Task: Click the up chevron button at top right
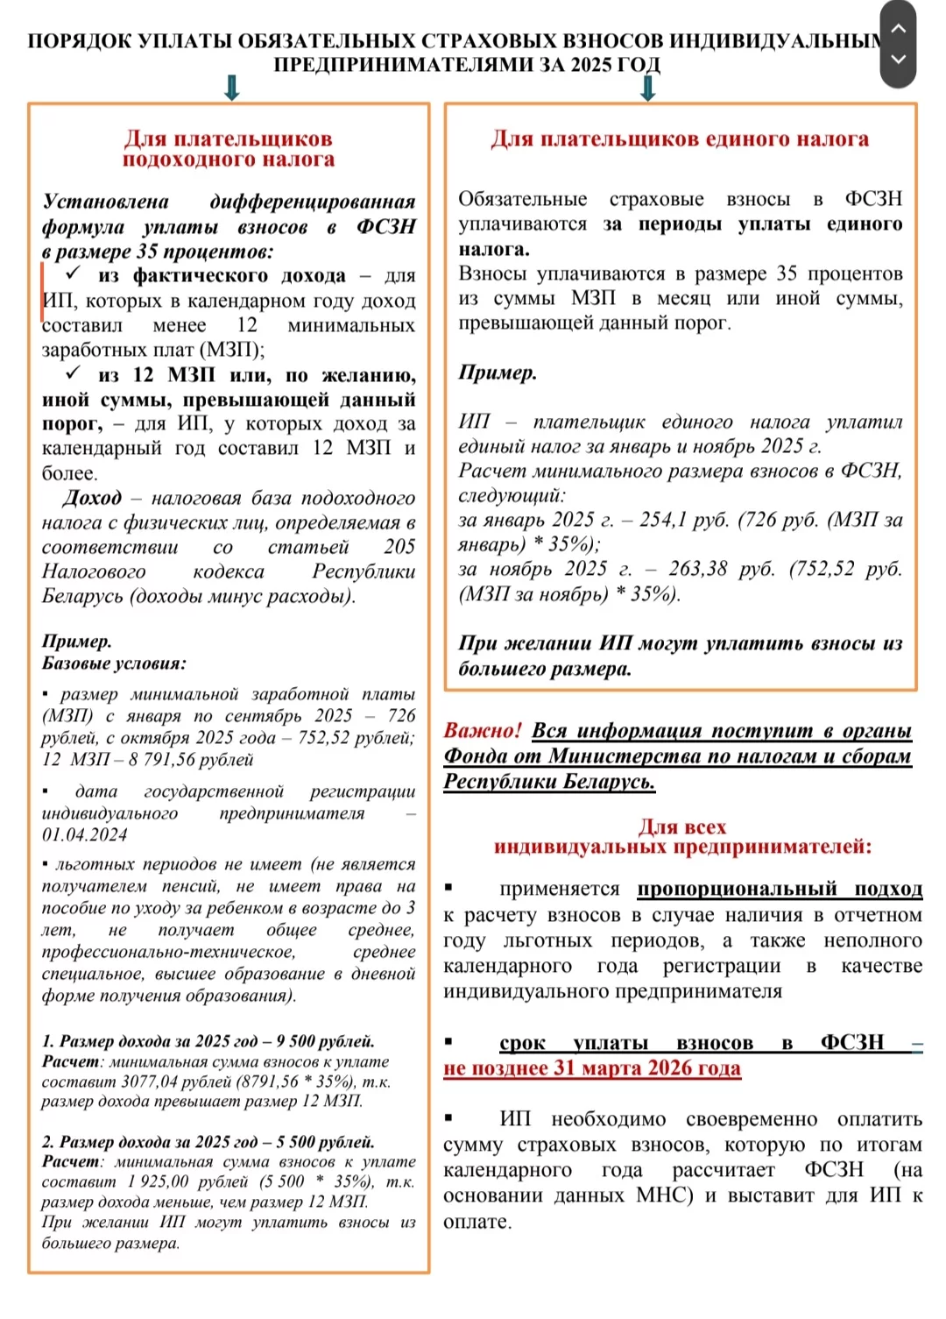[x=898, y=27]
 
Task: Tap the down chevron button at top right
[x=898, y=60]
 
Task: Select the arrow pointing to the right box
[x=648, y=88]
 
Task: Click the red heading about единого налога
[x=680, y=138]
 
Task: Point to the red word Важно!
[x=482, y=730]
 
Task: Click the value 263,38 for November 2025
[x=697, y=569]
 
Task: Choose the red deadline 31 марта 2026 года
[x=647, y=1068]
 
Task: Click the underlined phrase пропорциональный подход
[x=780, y=889]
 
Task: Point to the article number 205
[x=399, y=547]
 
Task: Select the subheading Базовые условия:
[x=114, y=663]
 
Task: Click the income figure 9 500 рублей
[x=325, y=1041]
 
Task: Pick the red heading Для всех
[x=682, y=826]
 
